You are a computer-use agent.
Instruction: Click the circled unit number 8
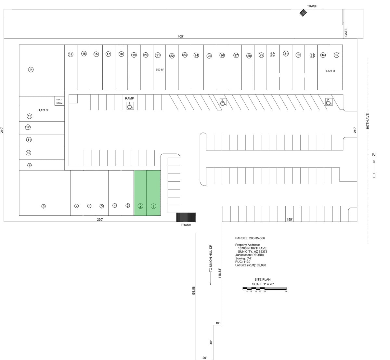44,206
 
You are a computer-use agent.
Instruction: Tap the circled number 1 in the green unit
153,206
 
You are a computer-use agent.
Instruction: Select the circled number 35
336,55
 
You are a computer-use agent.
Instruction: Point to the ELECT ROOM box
59,101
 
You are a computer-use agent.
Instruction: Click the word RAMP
129,98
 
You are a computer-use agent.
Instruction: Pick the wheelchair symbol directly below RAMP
130,106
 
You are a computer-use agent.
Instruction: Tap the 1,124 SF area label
44,110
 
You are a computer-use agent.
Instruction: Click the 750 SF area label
160,70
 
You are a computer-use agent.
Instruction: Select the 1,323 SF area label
330,71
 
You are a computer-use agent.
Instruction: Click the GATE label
346,32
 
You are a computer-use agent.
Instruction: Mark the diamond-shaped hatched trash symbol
303,13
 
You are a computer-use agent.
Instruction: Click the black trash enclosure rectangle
186,217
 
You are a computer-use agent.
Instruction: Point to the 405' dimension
180,36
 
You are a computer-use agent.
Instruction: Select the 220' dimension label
100,219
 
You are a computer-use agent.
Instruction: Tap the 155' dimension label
290,219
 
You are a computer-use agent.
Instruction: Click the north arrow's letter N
374,155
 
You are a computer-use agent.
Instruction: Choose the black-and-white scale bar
265,289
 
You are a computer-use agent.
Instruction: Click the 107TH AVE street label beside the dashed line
368,121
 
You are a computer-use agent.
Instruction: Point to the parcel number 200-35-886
257,238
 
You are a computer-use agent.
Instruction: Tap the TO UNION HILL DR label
211,258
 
